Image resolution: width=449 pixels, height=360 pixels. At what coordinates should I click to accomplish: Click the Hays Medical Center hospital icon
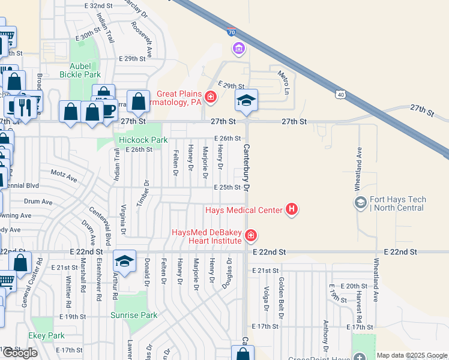tap(292, 209)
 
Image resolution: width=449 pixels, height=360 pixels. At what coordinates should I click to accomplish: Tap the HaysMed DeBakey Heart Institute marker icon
tap(250, 236)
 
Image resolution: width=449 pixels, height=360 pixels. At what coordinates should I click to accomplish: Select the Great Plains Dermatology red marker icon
tap(210, 97)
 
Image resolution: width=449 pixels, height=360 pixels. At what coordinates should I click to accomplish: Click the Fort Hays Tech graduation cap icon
tap(360, 202)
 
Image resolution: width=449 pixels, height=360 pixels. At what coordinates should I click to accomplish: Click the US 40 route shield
tap(340, 94)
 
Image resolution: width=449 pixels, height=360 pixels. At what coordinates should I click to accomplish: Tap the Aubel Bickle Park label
tap(80, 70)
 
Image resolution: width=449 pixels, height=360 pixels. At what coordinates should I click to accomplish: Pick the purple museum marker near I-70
tap(239, 48)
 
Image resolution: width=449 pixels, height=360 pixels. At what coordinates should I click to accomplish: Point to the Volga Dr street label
tap(265, 287)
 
